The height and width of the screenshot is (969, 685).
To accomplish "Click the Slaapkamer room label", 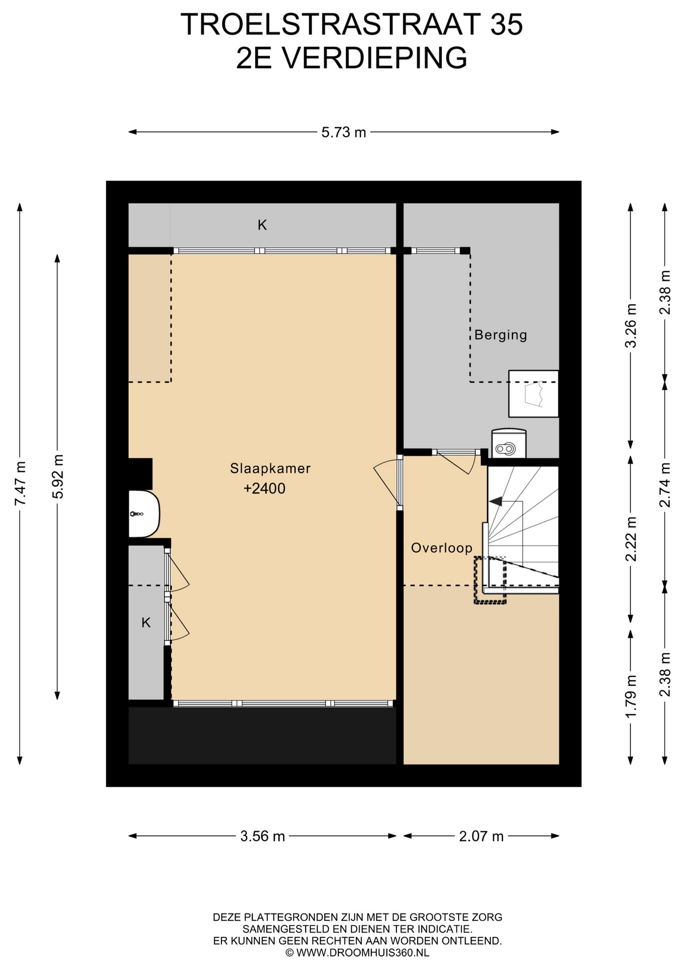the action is coord(270,469).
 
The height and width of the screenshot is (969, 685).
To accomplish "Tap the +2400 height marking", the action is coord(264,489).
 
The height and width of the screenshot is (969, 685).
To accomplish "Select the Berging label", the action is coord(501,336).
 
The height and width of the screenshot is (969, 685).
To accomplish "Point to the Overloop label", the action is coord(442,548).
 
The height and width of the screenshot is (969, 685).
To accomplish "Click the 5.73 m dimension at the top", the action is coord(344,132).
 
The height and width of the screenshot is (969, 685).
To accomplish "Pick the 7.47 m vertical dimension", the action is coord(20,483).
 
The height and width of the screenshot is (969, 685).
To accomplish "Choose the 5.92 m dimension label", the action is coord(58,477).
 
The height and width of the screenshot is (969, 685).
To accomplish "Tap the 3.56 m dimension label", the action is coord(263,836).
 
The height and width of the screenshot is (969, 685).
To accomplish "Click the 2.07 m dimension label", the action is coord(481,836).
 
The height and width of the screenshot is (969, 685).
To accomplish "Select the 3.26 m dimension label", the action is coord(631,326).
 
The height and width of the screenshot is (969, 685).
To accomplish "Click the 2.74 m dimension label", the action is coord(665,485).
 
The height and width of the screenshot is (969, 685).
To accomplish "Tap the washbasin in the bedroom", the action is coord(144,514).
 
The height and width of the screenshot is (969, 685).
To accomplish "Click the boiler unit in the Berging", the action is coord(509,444).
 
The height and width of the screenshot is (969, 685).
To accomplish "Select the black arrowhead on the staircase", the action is coord(495,501).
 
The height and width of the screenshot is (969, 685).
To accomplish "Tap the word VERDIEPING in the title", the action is coord(374,58).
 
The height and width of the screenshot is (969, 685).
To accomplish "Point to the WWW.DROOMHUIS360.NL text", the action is coord(363,953).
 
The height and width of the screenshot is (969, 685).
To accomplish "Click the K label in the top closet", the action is coord(262,225).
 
